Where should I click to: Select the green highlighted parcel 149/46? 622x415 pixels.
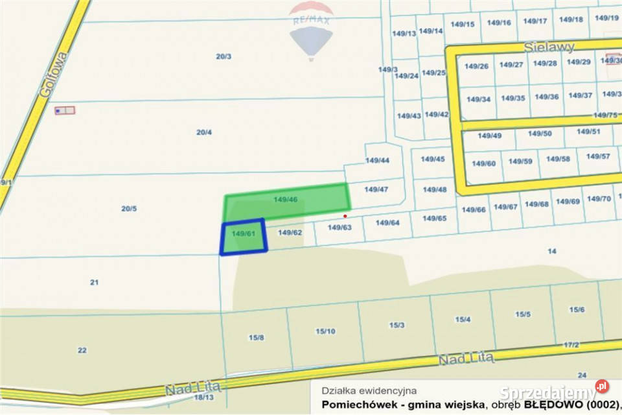286,201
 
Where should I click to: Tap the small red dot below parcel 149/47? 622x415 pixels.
345,216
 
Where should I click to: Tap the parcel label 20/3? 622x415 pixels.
224,56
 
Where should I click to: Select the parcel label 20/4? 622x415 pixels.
204,132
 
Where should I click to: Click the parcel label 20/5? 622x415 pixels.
129,208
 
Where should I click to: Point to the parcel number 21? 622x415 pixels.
94,282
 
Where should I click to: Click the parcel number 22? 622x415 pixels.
82,350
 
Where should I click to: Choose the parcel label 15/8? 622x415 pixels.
256,337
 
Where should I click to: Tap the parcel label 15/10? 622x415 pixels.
325,331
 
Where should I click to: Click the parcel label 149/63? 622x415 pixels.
340,228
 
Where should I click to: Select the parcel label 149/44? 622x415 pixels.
377,160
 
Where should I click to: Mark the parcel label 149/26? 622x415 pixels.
476,65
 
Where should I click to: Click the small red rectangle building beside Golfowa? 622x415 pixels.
65,110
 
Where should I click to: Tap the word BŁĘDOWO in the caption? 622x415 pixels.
553,406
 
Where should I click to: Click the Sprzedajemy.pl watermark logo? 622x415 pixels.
555,392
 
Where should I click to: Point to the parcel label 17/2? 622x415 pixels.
571,345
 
